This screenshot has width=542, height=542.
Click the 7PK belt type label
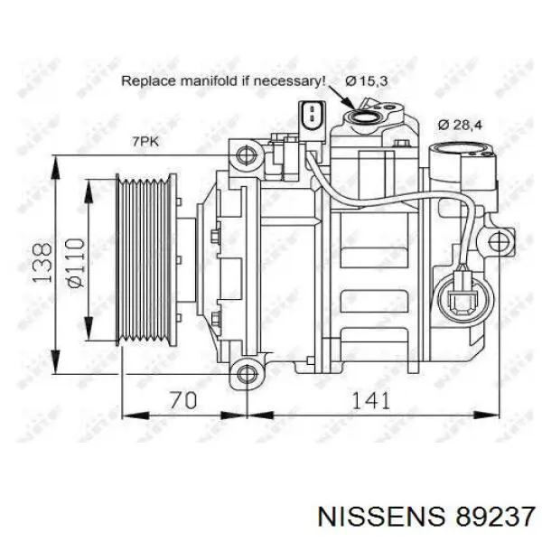[145, 141]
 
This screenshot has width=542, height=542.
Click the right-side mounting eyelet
[496, 241]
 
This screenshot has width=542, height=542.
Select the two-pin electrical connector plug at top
[310, 117]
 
